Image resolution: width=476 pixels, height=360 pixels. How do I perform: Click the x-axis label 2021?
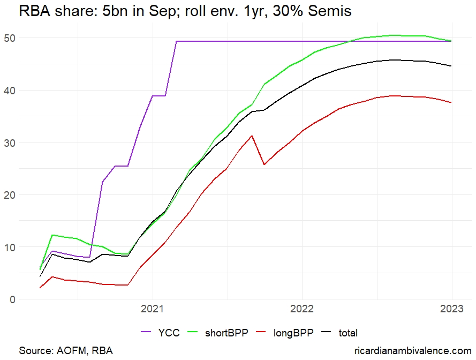[x=152, y=311]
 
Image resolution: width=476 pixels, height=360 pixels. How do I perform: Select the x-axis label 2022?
[x=302, y=311]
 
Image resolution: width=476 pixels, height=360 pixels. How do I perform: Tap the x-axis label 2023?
[x=451, y=311]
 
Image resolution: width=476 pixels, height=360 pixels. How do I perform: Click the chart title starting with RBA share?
[x=185, y=11]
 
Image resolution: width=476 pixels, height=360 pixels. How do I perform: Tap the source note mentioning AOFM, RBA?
[x=66, y=350]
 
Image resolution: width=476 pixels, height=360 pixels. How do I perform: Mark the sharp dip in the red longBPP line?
[x=264, y=164]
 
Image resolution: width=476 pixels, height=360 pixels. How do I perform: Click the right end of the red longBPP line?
[x=451, y=102]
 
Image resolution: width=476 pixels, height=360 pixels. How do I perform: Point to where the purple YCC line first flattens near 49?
[x=177, y=41]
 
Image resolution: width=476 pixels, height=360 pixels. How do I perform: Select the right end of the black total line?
[x=451, y=66]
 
